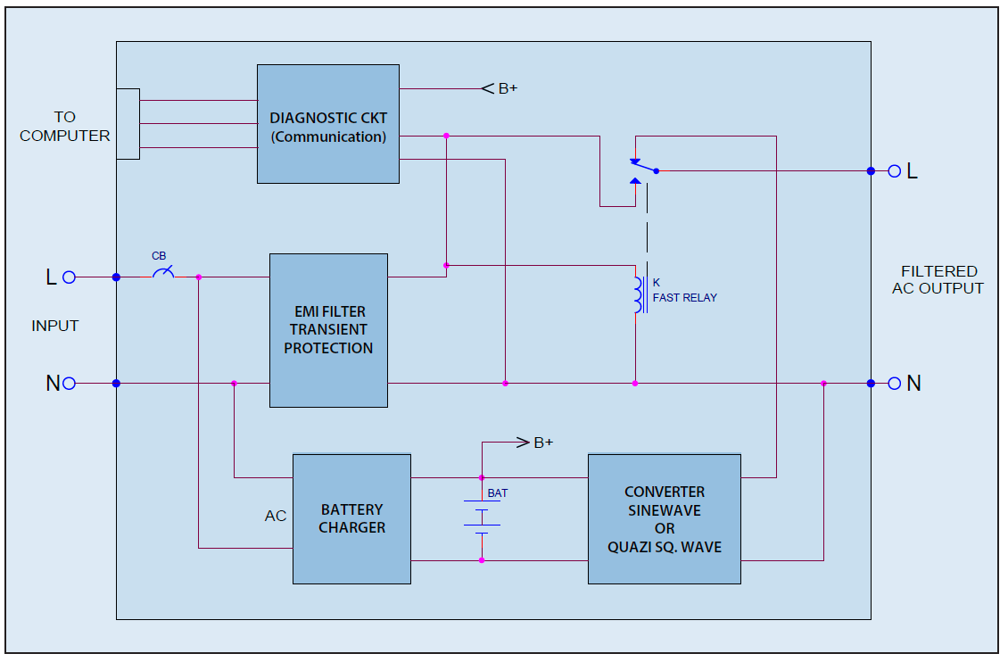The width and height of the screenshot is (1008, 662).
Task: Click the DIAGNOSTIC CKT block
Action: pyautogui.click(x=328, y=124)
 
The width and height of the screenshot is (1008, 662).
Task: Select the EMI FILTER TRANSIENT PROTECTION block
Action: pyautogui.click(x=328, y=330)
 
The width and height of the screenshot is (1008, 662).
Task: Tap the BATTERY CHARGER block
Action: pyautogui.click(x=351, y=519)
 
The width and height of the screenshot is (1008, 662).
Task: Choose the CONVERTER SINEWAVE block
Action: pyautogui.click(x=664, y=519)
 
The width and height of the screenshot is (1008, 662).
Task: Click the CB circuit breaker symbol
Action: pyautogui.click(x=163, y=273)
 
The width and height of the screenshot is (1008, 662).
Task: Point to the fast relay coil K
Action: pyautogui.click(x=639, y=295)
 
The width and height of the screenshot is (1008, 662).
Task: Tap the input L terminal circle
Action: pyautogui.click(x=70, y=277)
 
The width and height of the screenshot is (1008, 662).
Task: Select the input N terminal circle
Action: pyautogui.click(x=70, y=384)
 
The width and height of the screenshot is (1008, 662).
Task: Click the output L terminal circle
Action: pyautogui.click(x=894, y=171)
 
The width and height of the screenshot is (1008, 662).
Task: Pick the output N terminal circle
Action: pyautogui.click(x=894, y=384)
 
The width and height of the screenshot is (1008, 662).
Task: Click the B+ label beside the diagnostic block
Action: pyautogui.click(x=508, y=88)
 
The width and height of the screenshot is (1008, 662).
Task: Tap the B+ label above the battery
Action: pyautogui.click(x=543, y=443)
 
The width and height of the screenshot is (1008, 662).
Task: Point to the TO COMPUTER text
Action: pyautogui.click(x=64, y=127)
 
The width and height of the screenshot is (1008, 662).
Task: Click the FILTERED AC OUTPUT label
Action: pyautogui.click(x=938, y=279)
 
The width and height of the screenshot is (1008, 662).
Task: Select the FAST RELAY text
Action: pyautogui.click(x=685, y=298)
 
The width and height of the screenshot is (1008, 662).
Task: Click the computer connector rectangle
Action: pyautogui.click(x=128, y=124)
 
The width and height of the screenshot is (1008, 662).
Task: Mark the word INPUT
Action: pyautogui.click(x=54, y=326)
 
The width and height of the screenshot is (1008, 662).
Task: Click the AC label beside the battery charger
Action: pyautogui.click(x=275, y=516)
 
